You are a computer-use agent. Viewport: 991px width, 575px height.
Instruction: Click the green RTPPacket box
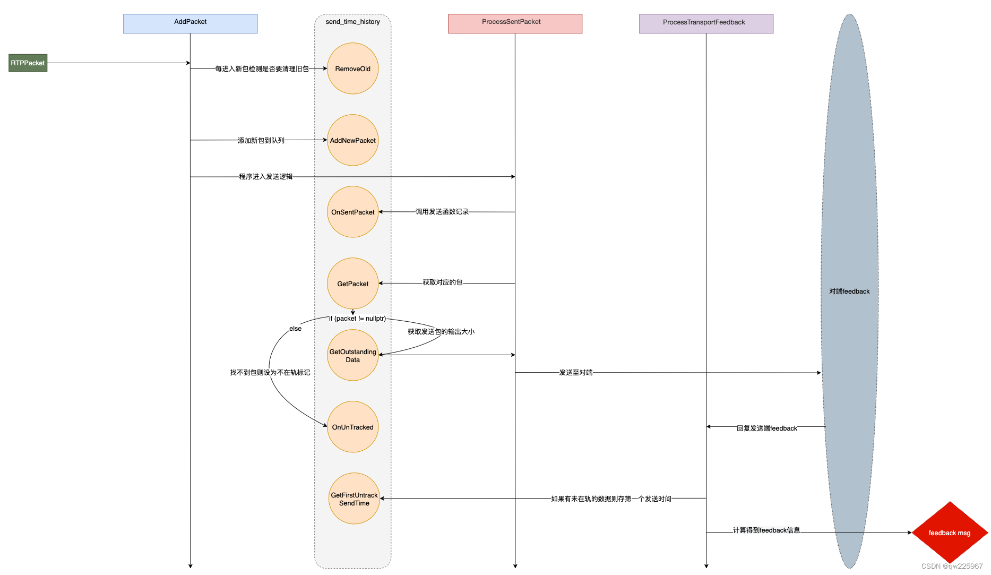click(28, 63)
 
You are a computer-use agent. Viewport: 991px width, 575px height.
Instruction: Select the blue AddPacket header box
click(190, 23)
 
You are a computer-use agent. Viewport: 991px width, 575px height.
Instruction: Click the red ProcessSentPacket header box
click(514, 23)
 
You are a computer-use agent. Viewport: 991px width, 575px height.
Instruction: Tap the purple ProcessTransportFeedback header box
click(705, 23)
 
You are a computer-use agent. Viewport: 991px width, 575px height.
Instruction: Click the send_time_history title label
click(352, 22)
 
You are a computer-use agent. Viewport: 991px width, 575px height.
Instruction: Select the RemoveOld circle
click(352, 68)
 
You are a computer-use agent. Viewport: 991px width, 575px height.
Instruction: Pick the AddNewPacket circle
click(352, 140)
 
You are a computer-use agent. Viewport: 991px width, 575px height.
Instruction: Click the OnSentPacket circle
click(352, 212)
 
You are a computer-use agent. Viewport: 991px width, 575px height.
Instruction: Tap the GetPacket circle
click(352, 284)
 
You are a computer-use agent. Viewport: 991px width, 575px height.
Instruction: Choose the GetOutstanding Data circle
click(352, 355)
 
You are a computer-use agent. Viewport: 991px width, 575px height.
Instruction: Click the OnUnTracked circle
click(352, 427)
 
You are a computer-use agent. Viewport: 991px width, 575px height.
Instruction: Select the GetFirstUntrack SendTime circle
click(354, 499)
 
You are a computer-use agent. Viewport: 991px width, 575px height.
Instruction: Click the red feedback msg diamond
click(950, 533)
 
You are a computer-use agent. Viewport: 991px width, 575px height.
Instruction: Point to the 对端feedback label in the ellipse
click(849, 291)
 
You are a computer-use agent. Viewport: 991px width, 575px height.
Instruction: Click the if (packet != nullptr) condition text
click(357, 319)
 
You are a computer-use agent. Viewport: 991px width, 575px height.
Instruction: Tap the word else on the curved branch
click(295, 329)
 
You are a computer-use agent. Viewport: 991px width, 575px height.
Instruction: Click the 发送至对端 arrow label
click(575, 373)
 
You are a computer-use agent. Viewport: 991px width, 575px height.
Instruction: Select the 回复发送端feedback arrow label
click(766, 428)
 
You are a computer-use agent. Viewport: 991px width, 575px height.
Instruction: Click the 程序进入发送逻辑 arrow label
click(265, 177)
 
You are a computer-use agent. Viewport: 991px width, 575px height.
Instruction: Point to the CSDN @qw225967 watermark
click(952, 566)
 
